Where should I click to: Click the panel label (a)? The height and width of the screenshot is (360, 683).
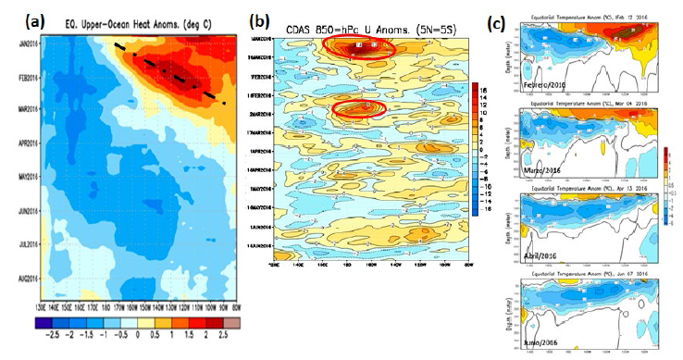[x=17, y=19]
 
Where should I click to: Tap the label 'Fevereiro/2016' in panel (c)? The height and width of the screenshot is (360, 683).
[x=545, y=84]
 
